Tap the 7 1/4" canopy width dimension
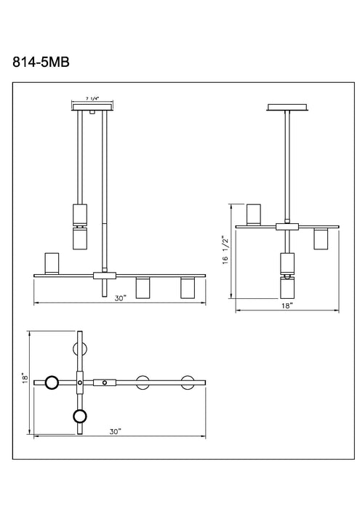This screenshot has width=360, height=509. point(93,97)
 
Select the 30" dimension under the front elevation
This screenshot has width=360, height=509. point(120,297)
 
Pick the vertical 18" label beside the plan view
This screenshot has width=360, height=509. point(23,379)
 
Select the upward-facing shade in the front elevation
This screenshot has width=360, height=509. point(52,262)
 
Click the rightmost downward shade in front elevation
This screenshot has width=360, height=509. point(188,288)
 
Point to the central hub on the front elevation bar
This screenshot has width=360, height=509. point(105,275)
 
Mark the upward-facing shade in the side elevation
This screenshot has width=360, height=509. point(254,213)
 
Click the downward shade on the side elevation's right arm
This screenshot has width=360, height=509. point(320,239)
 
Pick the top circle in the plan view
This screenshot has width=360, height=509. point(80,348)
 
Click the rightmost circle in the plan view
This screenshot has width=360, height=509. point(189,381)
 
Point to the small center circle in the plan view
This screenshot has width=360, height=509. point(105,381)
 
